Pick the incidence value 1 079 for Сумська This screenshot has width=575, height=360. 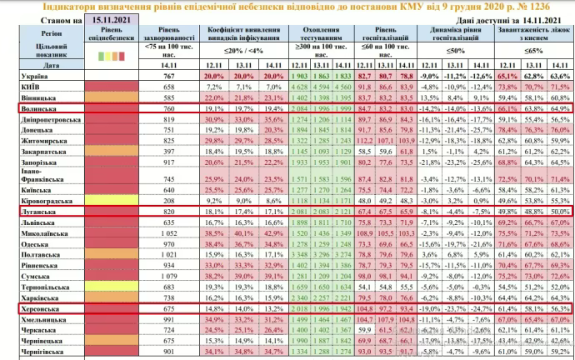tap(171, 273)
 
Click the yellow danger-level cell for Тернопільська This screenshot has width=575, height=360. tap(109, 285)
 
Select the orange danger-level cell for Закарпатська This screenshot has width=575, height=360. tap(109, 152)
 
